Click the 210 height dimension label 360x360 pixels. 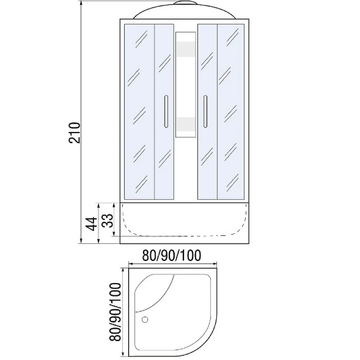[x=74, y=133]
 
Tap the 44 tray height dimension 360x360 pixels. [x=91, y=224]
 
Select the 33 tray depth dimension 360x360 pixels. [x=108, y=220]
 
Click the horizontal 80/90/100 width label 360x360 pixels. [x=172, y=256]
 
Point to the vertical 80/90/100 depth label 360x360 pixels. [x=115, y=312]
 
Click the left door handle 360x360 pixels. [x=166, y=111]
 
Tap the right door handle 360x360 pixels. [x=205, y=111]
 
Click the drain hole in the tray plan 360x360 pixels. [x=145, y=319]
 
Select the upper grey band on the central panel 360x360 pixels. [x=185, y=49]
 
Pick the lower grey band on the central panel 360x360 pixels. [x=185, y=125]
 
